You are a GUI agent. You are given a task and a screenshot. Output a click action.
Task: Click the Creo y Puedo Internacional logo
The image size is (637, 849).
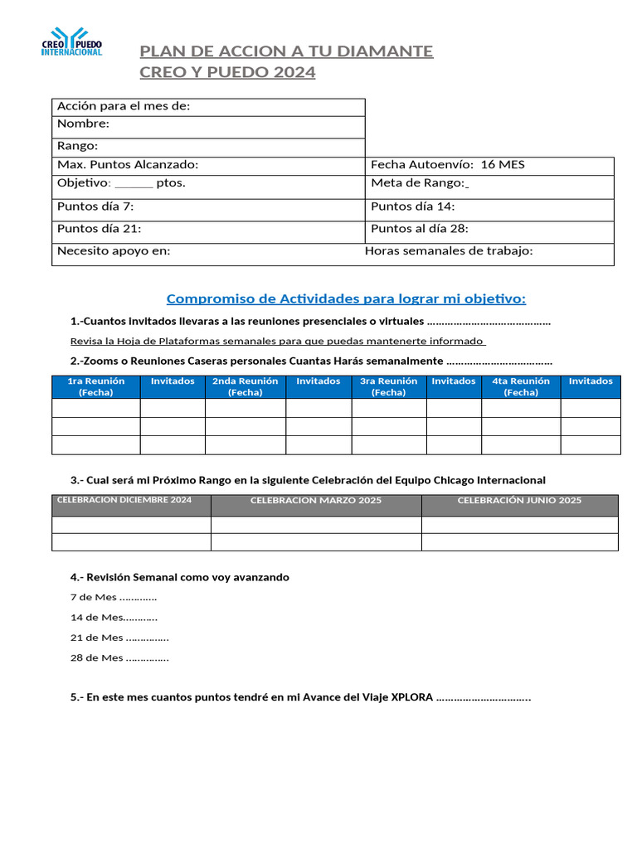(72, 41)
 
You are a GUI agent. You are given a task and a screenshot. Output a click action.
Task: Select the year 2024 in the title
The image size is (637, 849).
(294, 72)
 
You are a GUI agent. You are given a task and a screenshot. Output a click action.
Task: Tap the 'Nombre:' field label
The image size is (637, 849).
(83, 124)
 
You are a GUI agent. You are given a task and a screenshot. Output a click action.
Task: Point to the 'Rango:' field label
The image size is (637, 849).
(77, 146)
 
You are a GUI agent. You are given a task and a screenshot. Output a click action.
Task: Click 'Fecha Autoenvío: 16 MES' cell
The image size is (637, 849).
(448, 165)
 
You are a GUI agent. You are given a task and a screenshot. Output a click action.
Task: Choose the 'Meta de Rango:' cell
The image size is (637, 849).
(419, 183)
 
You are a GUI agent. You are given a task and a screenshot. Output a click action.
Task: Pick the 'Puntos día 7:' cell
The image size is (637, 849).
(95, 206)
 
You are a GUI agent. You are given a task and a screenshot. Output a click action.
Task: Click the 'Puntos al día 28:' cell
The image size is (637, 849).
(425, 229)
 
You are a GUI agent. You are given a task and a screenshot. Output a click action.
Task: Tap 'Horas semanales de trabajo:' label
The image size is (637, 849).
(449, 251)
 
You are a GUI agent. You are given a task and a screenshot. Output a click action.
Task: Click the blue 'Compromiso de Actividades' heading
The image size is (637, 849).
(346, 298)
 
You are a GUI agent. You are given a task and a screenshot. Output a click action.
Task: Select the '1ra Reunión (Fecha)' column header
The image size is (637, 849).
(95, 386)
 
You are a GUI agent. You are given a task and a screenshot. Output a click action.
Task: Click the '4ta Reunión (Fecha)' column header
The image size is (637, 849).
(521, 386)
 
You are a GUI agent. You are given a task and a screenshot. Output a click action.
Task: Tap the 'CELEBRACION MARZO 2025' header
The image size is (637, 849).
(316, 501)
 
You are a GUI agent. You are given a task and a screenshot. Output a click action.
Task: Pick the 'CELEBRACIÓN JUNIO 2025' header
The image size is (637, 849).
(519, 501)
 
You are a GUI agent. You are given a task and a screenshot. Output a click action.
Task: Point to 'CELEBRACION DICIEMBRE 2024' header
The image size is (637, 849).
(124, 500)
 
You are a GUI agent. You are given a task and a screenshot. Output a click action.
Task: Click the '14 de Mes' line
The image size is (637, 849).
(114, 618)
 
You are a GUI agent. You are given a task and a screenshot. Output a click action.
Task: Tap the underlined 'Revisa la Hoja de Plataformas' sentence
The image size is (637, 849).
(277, 342)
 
